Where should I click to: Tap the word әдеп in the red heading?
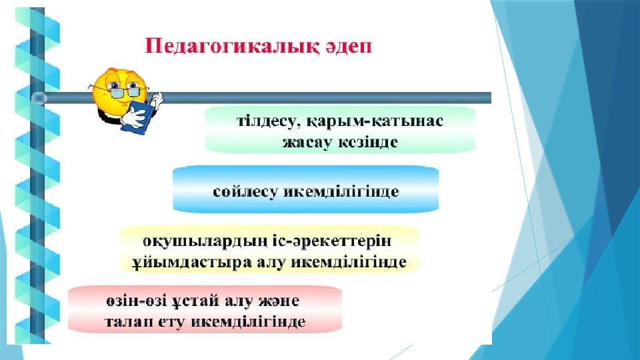pos(349,47)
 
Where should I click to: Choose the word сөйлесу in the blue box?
pos(245,191)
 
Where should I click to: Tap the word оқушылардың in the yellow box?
pos(205,241)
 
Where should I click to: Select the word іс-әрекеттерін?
pos(332,241)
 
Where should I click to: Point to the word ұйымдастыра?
pos(191,262)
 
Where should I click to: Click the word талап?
pos(128,321)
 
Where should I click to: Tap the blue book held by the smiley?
pos(136,116)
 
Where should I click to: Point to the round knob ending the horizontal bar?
pos(39,99)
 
